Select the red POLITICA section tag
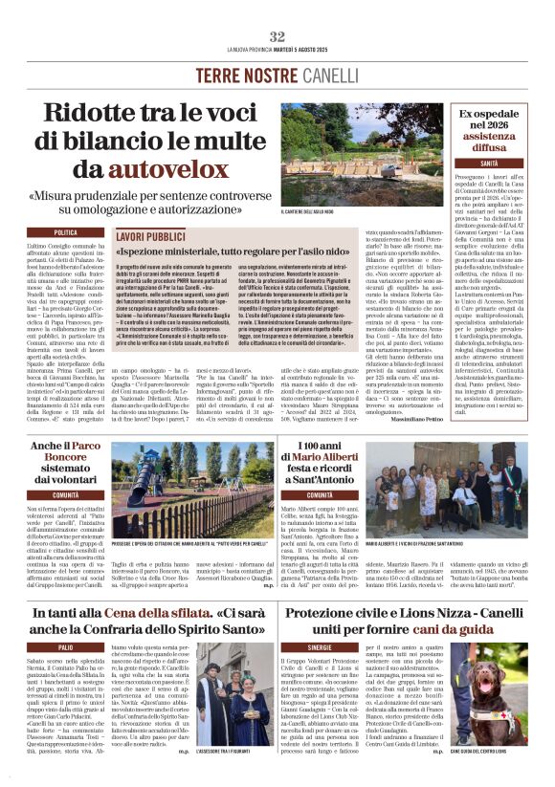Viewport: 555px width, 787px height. coord(67,232)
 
